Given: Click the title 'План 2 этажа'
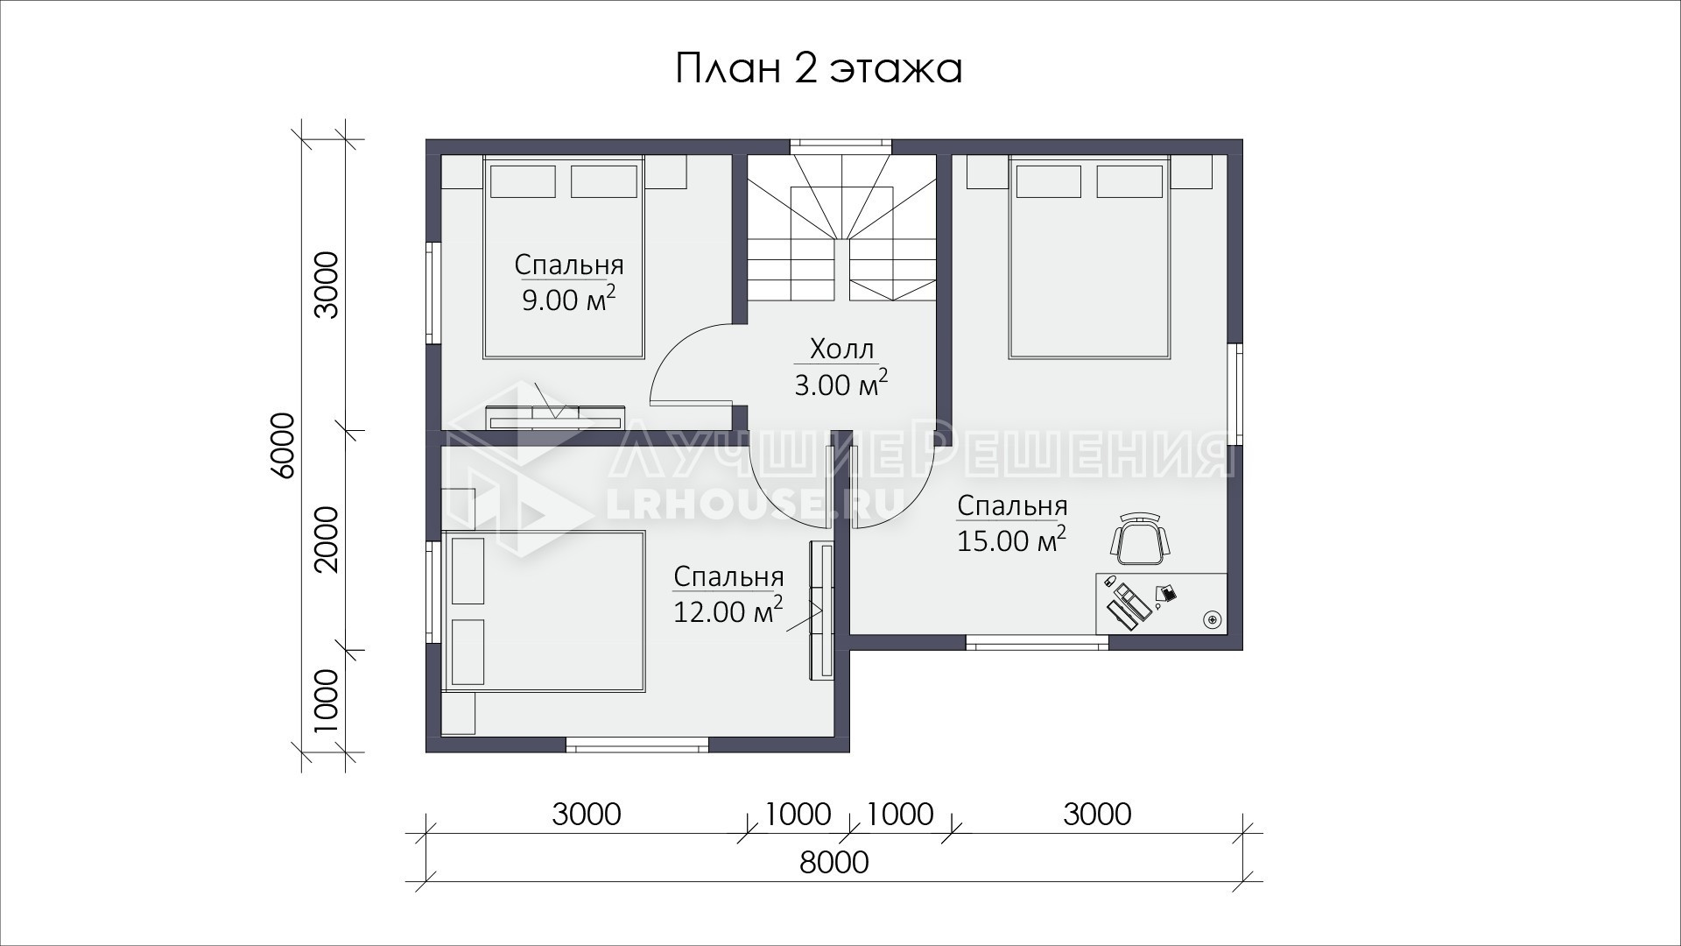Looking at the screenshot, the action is [x=819, y=69].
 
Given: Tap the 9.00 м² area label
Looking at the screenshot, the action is [x=569, y=299].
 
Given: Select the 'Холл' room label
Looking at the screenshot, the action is [x=841, y=349].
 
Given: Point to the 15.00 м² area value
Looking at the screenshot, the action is [x=1011, y=540].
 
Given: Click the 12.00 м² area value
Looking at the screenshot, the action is [x=728, y=610].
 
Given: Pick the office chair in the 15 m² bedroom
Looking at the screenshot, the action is [x=1141, y=539].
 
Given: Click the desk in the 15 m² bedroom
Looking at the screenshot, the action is [x=1161, y=603].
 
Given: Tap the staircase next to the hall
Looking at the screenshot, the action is [x=841, y=228].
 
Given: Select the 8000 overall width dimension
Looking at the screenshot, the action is [x=834, y=863].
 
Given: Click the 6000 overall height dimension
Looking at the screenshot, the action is [x=283, y=445].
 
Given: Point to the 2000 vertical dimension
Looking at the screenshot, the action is [x=326, y=539].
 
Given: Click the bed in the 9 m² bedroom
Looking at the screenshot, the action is [x=564, y=258].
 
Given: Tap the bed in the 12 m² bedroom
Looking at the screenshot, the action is [x=545, y=611].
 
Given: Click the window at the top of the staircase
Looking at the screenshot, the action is [x=840, y=146].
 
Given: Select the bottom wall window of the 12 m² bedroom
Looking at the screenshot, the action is [x=637, y=745].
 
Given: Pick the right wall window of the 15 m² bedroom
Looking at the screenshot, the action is [x=1234, y=393].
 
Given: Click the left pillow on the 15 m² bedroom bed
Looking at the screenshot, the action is [x=1048, y=181].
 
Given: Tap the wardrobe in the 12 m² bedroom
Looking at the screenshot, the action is [x=821, y=610].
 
